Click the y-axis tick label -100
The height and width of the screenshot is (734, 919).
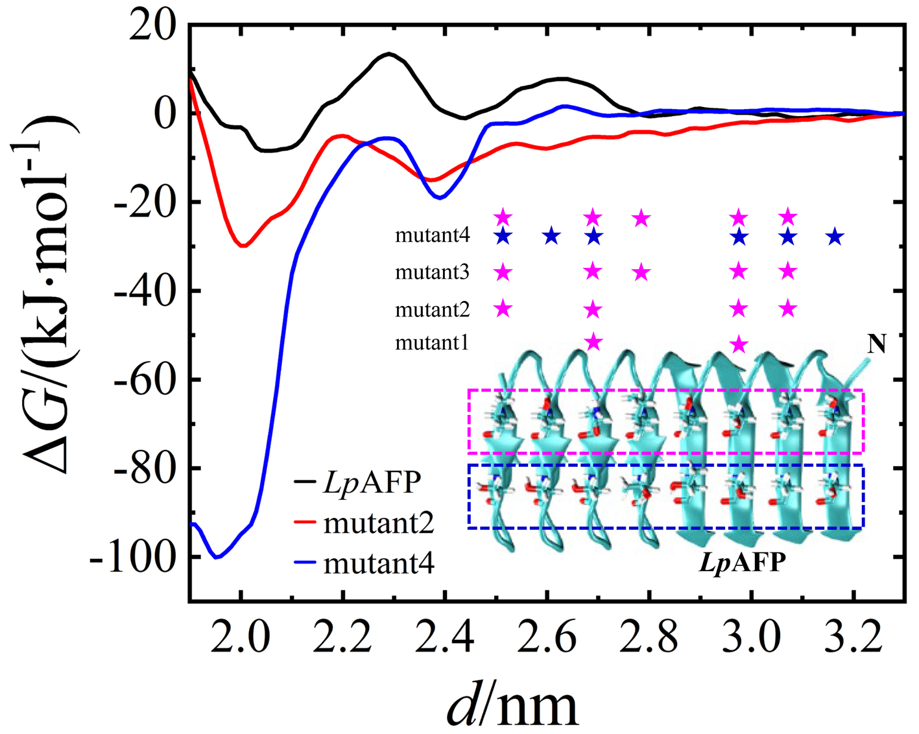click(x=133, y=557)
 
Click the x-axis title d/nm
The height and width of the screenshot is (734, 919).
click(x=512, y=705)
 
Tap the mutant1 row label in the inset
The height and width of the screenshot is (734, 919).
click(x=432, y=342)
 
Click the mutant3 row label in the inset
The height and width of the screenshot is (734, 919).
click(x=432, y=272)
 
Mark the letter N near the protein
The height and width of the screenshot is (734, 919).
click(x=877, y=344)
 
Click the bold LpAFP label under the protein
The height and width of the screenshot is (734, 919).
click(x=742, y=562)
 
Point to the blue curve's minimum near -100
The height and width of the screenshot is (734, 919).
click(x=217, y=557)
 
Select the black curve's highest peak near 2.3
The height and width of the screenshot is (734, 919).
click(x=388, y=53)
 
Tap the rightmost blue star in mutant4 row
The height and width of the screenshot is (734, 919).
click(x=835, y=237)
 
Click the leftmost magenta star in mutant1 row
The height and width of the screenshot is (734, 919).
click(x=593, y=341)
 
